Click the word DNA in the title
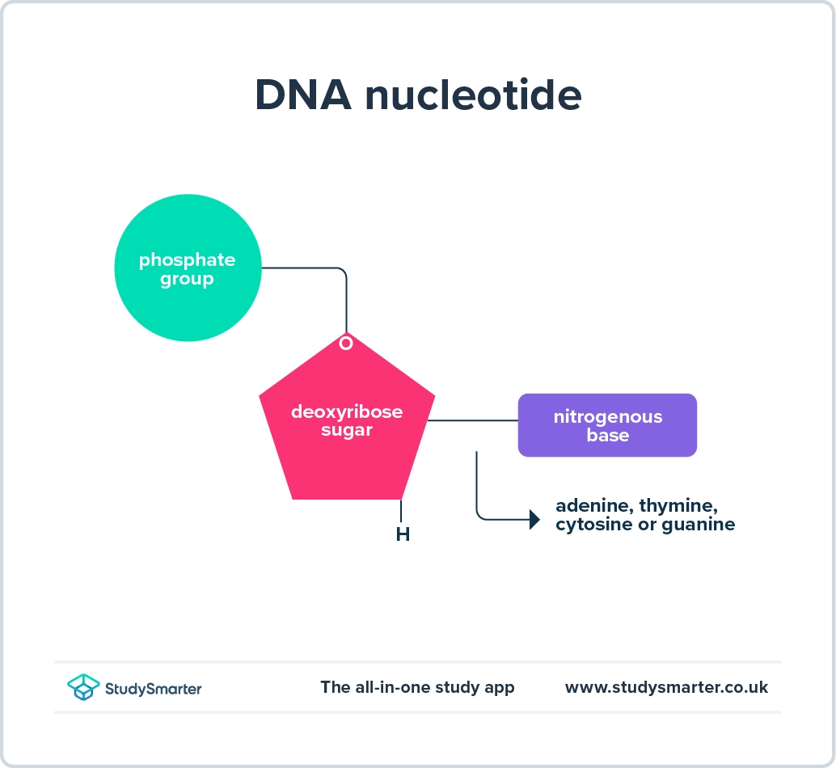pyautogui.click(x=302, y=96)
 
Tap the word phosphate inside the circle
pyautogui.click(x=187, y=260)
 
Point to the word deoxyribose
pyautogui.click(x=347, y=411)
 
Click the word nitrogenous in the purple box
pyautogui.click(x=607, y=417)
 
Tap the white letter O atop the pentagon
pyautogui.click(x=346, y=344)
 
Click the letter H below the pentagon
pyautogui.click(x=403, y=534)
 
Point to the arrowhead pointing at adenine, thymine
pyautogui.click(x=534, y=520)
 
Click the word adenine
pyautogui.click(x=593, y=506)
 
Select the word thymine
pyautogui.click(x=678, y=506)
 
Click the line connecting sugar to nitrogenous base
pyautogui.click(x=472, y=420)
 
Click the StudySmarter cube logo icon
pyautogui.click(x=83, y=687)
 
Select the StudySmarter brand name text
pyautogui.click(x=153, y=689)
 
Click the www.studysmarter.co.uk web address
pyautogui.click(x=666, y=687)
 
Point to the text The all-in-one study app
pyautogui.click(x=417, y=687)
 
